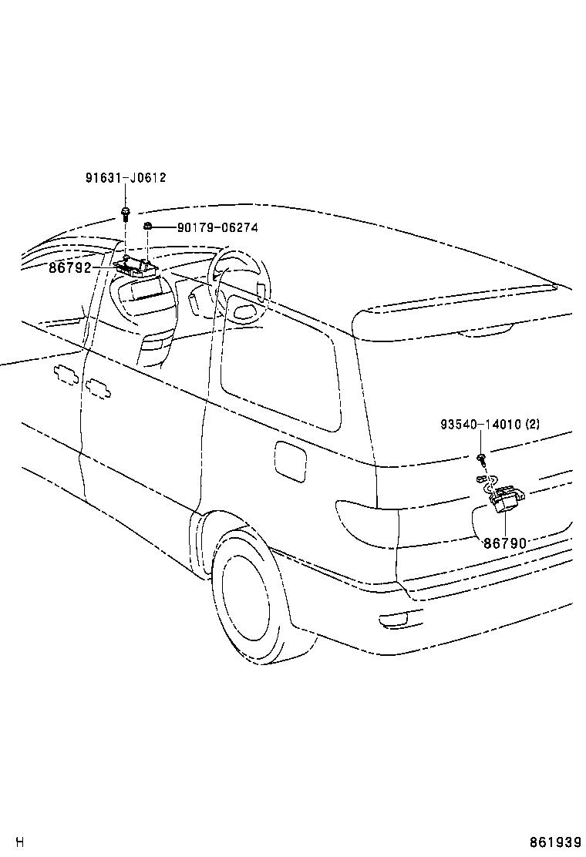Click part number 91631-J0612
[x=125, y=178]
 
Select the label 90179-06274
[x=217, y=227]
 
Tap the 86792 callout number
[x=69, y=268]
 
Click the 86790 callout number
[x=505, y=543]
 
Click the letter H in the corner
[x=21, y=842]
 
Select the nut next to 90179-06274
[x=146, y=227]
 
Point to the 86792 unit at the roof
[x=136, y=267]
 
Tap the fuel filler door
[x=290, y=461]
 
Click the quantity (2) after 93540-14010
[x=533, y=425]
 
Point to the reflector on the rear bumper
[x=401, y=617]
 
